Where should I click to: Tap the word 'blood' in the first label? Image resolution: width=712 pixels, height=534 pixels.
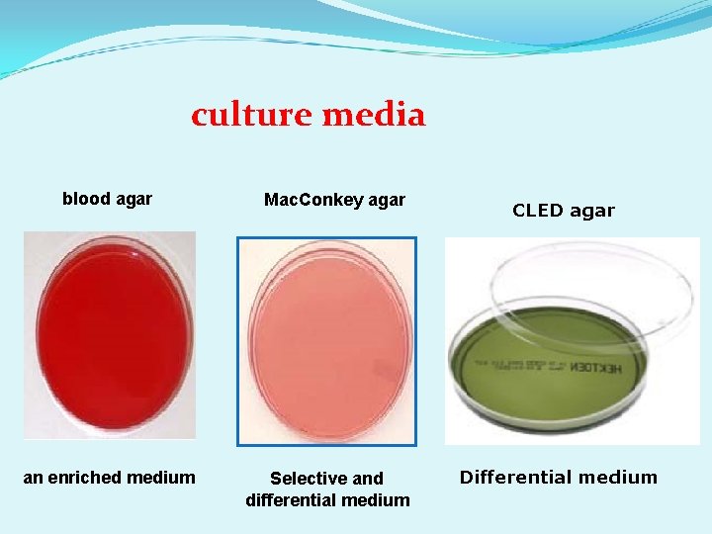coord(86,199)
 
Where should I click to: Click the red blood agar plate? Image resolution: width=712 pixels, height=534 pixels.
coord(110,334)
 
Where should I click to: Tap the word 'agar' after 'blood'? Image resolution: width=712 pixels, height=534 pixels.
coord(134,199)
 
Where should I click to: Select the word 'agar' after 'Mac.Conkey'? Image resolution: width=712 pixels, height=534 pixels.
coord(387,200)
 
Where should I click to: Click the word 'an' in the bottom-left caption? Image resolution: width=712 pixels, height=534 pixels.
coord(33,478)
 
